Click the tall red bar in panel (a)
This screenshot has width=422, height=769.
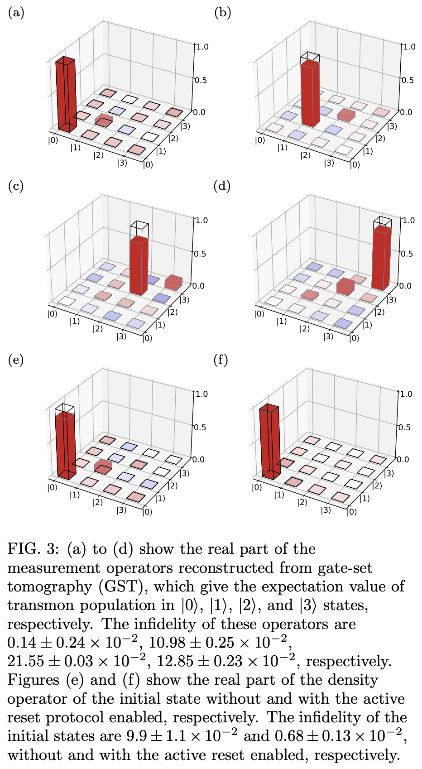(65, 95)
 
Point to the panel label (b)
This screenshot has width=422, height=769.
(222, 13)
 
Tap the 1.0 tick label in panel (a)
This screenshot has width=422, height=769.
(201, 47)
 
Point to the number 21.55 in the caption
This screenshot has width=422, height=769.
(26, 662)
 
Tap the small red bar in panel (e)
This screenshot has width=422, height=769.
(103, 467)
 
